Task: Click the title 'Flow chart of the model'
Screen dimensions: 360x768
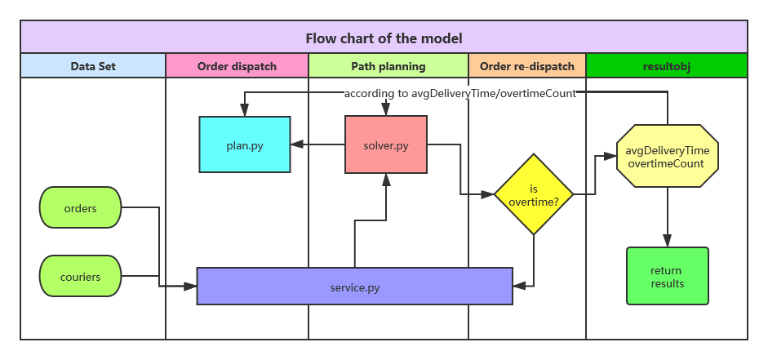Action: pos(384,38)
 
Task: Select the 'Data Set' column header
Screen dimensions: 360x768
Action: pos(92,66)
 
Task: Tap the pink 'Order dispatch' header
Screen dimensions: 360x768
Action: pos(237,66)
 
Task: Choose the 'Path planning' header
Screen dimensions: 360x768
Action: pos(388,66)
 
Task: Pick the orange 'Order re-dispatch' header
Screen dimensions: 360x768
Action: pos(527,66)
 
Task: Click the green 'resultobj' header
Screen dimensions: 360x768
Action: pos(667,66)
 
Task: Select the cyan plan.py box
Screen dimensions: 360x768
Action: pos(245,144)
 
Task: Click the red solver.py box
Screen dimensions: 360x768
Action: pos(386,144)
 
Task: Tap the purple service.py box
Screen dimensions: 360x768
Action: pos(354,286)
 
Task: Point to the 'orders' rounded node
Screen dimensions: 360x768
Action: pos(80,208)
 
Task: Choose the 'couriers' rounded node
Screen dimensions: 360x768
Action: pos(80,277)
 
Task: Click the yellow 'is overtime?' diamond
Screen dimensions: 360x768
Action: pos(533,194)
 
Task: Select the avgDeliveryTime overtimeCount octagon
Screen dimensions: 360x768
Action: pos(667,158)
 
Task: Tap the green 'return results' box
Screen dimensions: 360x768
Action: pos(667,277)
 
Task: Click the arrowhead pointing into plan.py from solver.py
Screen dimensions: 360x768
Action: pos(296,144)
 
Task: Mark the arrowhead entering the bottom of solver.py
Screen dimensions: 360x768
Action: pos(386,179)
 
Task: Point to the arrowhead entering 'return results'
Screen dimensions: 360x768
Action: pos(667,242)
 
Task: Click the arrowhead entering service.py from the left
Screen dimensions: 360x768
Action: pos(192,286)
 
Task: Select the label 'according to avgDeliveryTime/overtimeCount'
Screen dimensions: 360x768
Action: pos(459,93)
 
